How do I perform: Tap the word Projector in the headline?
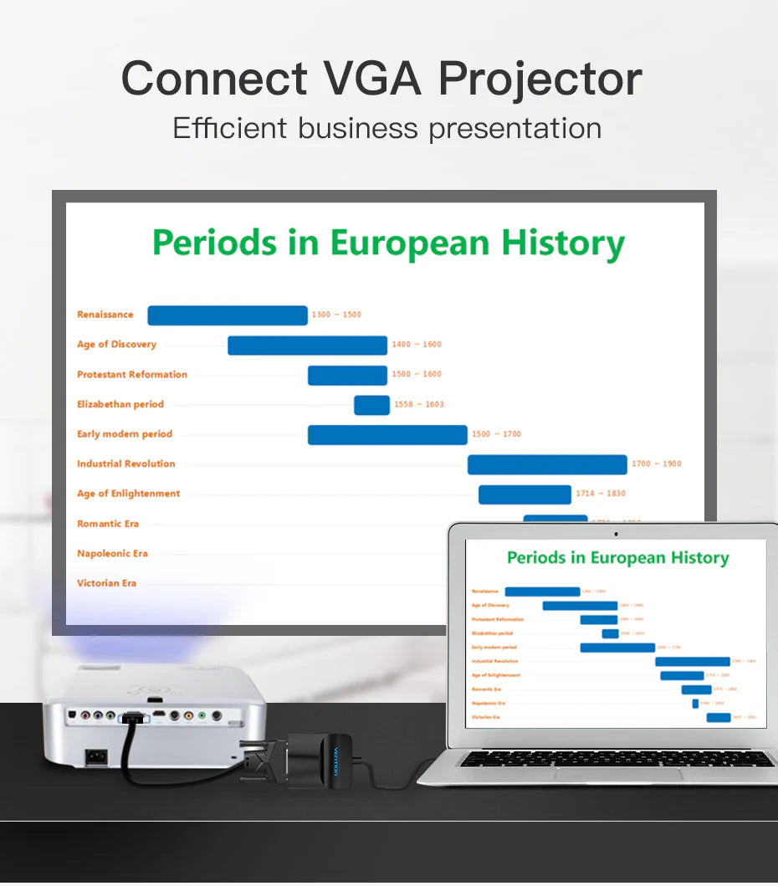pyautogui.click(x=540, y=79)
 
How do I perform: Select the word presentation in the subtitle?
pyautogui.click(x=514, y=128)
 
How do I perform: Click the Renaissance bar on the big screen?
pyautogui.click(x=228, y=315)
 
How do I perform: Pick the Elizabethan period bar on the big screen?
pyautogui.click(x=371, y=405)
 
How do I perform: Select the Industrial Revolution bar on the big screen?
pyautogui.click(x=547, y=464)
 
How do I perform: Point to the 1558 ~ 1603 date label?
pyautogui.click(x=419, y=405)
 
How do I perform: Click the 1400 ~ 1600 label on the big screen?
pyautogui.click(x=417, y=345)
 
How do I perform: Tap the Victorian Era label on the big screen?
pyautogui.click(x=106, y=583)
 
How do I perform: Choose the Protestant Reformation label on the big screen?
pyautogui.click(x=132, y=375)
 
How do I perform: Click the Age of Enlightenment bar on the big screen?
pyautogui.click(x=525, y=494)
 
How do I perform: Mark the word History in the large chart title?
pyautogui.click(x=563, y=243)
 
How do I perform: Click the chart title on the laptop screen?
pyautogui.click(x=617, y=558)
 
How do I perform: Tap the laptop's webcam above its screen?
pyautogui.click(x=616, y=533)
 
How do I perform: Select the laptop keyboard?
pyautogui.click(x=617, y=759)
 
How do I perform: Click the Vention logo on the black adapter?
pyautogui.click(x=337, y=761)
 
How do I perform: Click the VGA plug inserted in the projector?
pyautogui.click(x=132, y=718)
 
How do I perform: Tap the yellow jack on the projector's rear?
pyautogui.click(x=188, y=716)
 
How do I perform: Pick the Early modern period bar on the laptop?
pyautogui.click(x=617, y=648)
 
